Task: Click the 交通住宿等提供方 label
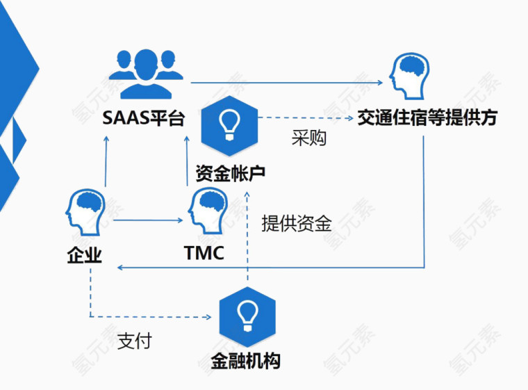[x=427, y=117]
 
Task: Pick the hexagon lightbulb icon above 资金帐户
[x=229, y=126]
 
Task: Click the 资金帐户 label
[x=230, y=172]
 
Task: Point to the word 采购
[x=308, y=138]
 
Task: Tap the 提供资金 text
[x=297, y=224]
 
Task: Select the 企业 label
[x=84, y=255]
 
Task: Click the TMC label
[x=204, y=252]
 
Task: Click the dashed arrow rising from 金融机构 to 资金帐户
[x=247, y=236]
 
